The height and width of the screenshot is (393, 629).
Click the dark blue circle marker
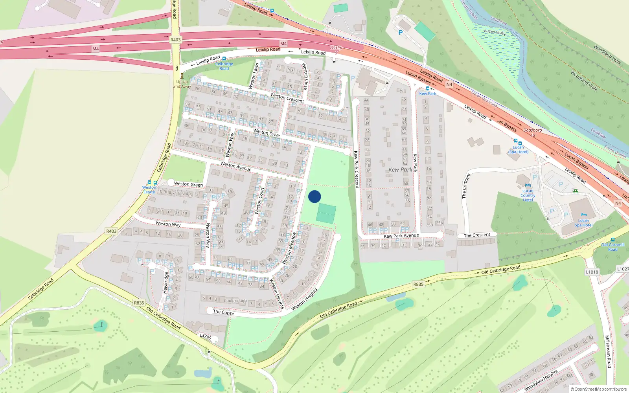tap(314, 196)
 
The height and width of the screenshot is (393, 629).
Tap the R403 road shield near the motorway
tap(175, 40)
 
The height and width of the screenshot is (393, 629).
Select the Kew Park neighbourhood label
tap(400, 170)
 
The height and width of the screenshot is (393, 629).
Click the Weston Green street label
tap(188, 184)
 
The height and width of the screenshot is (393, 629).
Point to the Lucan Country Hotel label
tap(528, 195)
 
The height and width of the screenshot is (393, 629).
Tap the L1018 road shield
tap(592, 272)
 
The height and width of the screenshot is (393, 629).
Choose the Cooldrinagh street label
tap(235, 301)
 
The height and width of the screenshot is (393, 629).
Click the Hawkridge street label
tap(166, 282)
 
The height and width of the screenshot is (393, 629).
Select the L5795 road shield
tap(205, 337)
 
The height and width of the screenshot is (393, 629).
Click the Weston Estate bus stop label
tap(149, 189)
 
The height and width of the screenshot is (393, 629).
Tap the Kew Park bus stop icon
tap(427, 88)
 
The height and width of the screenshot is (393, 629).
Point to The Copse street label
tap(223, 312)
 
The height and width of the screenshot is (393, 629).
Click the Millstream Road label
tap(608, 351)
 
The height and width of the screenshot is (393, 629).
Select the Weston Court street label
tap(259, 200)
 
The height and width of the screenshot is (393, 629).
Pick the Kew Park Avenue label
tap(401, 236)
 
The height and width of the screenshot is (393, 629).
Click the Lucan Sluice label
tap(495, 32)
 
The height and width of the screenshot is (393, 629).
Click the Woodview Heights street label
tap(541, 380)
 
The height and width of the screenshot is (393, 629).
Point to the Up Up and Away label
tap(182, 84)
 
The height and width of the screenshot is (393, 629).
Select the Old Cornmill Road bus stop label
tap(612, 247)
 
